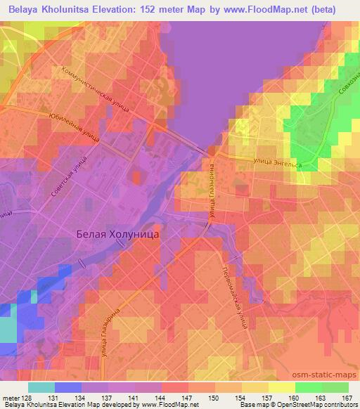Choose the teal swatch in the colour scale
[41, 387]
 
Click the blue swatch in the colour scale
[67, 387]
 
